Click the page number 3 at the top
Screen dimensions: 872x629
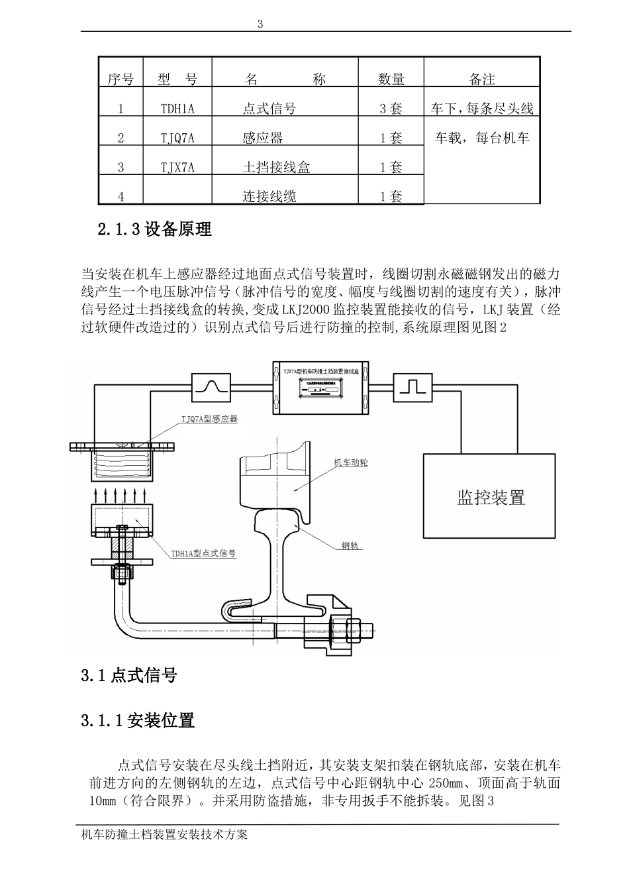pos(260,24)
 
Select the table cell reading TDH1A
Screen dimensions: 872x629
pos(177,109)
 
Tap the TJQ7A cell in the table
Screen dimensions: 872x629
pos(177,138)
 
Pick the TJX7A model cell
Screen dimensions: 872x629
pos(177,168)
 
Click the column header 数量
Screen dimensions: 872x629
pos(391,80)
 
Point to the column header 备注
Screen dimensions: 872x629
pos(482,80)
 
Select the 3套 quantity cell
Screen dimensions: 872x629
pos(391,109)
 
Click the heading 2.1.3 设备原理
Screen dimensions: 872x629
pos(154,230)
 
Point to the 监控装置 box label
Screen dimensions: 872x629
pos(491,497)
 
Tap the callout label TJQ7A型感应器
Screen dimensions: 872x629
pos(209,419)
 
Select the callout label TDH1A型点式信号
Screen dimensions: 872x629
pos(204,553)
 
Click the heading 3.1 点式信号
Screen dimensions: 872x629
pos(129,676)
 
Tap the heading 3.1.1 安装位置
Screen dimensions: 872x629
pos(138,720)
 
